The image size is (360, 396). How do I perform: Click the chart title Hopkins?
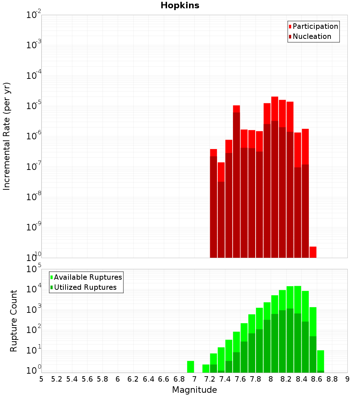pyautogui.click(x=180, y=5)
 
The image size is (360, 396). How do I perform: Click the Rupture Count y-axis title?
pyautogui.click(x=14, y=320)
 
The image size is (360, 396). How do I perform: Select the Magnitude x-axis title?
pyautogui.click(x=194, y=390)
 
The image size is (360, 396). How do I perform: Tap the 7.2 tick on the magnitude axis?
pyautogui.click(x=210, y=379)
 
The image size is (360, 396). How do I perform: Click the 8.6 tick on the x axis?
pyautogui.click(x=317, y=379)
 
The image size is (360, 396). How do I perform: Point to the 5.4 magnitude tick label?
pyautogui.click(x=72, y=379)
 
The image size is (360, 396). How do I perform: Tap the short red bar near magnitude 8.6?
pyautogui.click(x=313, y=252)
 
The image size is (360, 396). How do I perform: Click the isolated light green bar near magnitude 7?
pyautogui.click(x=190, y=366)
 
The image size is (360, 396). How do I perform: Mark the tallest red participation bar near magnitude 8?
pyautogui.click(x=275, y=108)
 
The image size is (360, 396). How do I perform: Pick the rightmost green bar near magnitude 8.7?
pyautogui.click(x=320, y=360)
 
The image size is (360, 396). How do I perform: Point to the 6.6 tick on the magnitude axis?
pyautogui.click(x=164, y=379)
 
